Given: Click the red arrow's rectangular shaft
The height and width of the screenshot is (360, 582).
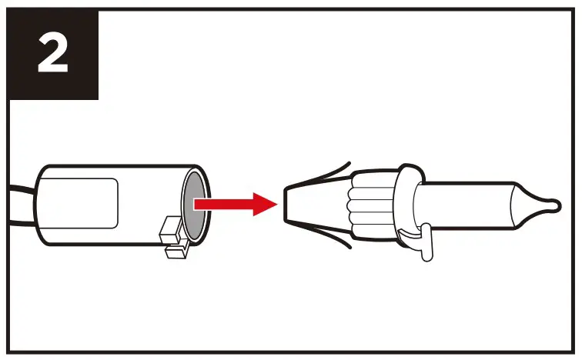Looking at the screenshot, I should click(x=219, y=204).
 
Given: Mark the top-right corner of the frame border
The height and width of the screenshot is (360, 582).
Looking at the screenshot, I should click(x=573, y=8).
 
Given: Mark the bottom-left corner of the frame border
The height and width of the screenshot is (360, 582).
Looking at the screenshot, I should click(x=8, y=352).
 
